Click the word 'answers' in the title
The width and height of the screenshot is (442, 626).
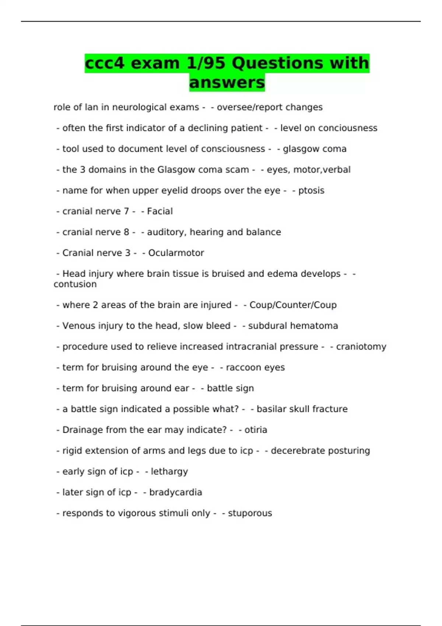point(227,82)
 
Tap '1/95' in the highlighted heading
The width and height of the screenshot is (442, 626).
point(206,63)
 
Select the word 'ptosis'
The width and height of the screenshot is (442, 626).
point(311,191)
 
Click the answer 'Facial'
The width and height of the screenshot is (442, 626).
point(160,211)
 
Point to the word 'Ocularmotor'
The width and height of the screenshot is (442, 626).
point(176,253)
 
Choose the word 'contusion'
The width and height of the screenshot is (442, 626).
point(75,284)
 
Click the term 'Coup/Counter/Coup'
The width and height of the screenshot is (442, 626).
point(293,305)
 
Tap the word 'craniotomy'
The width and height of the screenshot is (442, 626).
point(361,347)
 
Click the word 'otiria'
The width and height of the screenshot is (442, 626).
point(256,430)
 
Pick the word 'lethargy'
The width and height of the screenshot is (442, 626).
point(169,472)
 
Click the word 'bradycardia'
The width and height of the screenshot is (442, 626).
point(175,492)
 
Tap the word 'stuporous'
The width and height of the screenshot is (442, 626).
point(250,513)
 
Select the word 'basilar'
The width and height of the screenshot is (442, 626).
point(268,409)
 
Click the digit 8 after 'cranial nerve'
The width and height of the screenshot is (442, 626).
point(126,232)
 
